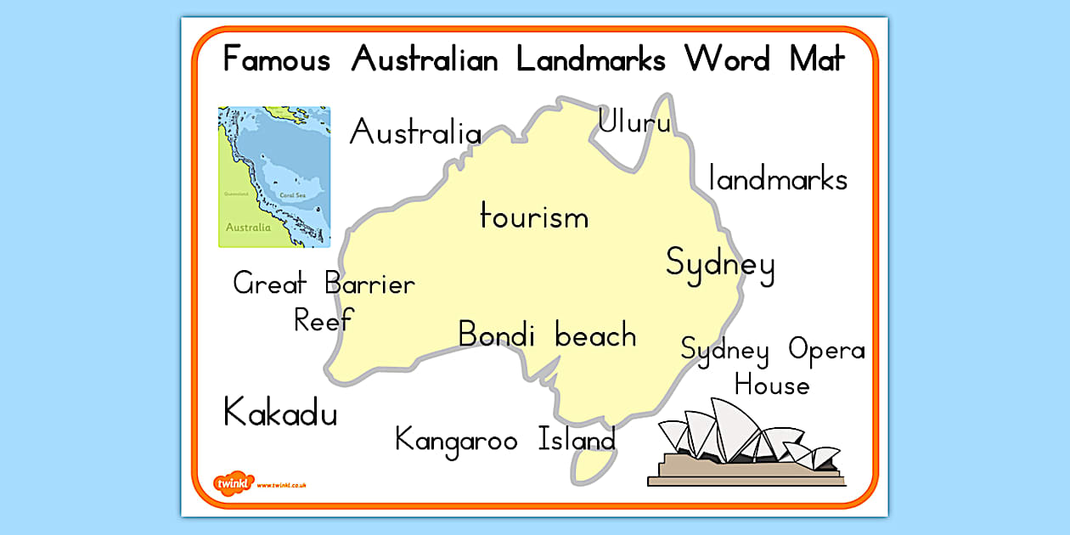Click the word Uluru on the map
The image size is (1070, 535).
pos(634,122)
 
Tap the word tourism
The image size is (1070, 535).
pos(534,217)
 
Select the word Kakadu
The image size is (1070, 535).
pos(280,413)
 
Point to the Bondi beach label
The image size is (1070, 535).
pos(547,335)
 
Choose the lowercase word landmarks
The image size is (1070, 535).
pos(778,179)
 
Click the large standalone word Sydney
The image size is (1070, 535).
pos(720,264)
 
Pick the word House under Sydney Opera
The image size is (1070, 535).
pos(772,386)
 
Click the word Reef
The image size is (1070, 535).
pos(324,320)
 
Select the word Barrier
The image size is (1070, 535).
pos(370,284)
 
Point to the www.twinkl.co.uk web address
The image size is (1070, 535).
pos(281,485)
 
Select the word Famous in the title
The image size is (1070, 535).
pos(276,60)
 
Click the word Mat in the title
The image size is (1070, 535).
pos(817,60)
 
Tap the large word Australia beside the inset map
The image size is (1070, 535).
pos(415,133)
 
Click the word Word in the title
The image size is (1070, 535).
pos(728,60)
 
